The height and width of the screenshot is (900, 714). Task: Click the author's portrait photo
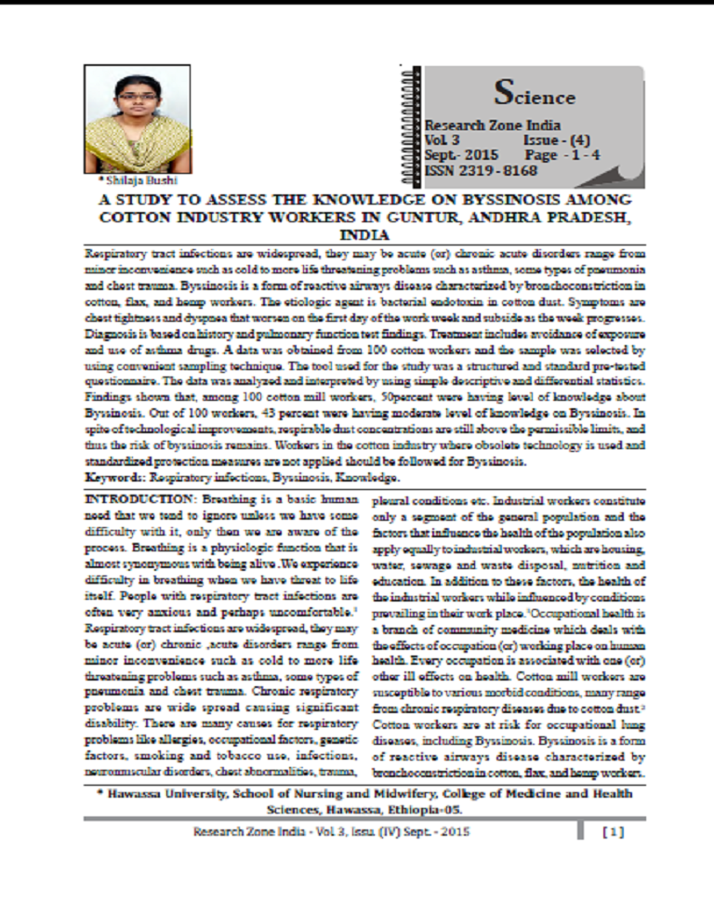coord(137,118)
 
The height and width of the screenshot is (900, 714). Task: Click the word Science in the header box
coord(535,94)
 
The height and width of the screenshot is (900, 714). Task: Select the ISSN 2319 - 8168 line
coord(481,171)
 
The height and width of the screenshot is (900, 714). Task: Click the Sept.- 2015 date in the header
coord(462,155)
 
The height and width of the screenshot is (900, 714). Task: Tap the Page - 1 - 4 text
coord(555,155)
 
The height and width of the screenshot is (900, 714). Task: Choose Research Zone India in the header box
coord(481,125)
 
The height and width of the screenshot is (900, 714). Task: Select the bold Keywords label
coord(115,477)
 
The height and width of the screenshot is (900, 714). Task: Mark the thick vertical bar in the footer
coord(580,830)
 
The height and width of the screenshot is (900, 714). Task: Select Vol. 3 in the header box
coord(437,139)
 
